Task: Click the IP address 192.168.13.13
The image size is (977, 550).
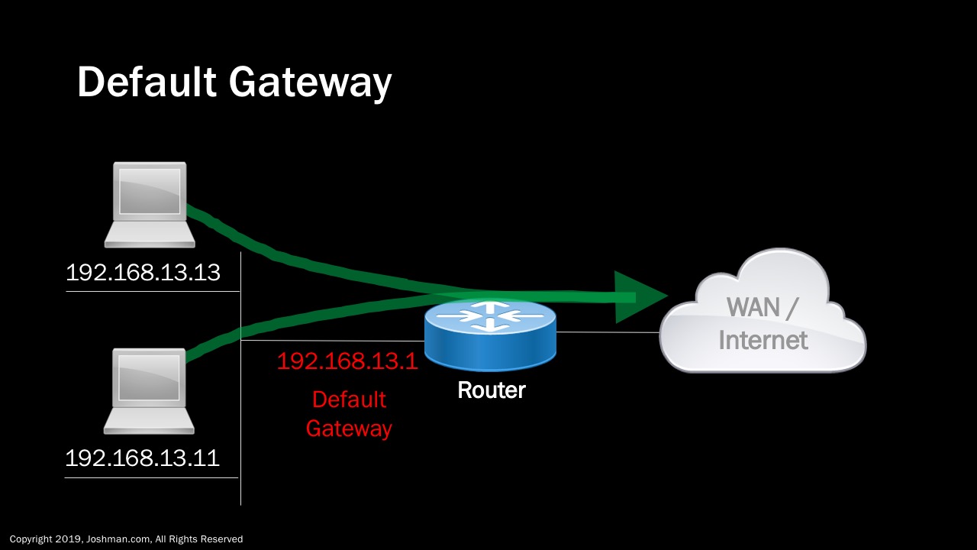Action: (x=143, y=273)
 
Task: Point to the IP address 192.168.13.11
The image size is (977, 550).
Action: (x=142, y=458)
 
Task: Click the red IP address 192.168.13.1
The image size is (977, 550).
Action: (x=347, y=361)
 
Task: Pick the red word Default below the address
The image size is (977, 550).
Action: (x=349, y=400)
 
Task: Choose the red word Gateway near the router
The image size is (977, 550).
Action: (x=349, y=429)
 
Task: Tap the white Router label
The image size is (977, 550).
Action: (x=491, y=390)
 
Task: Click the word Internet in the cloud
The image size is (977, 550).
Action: (x=763, y=339)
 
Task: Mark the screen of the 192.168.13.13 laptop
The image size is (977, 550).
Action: (x=150, y=190)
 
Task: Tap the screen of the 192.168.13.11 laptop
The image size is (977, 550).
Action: (x=149, y=377)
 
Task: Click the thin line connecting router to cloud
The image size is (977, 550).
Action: (x=608, y=332)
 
